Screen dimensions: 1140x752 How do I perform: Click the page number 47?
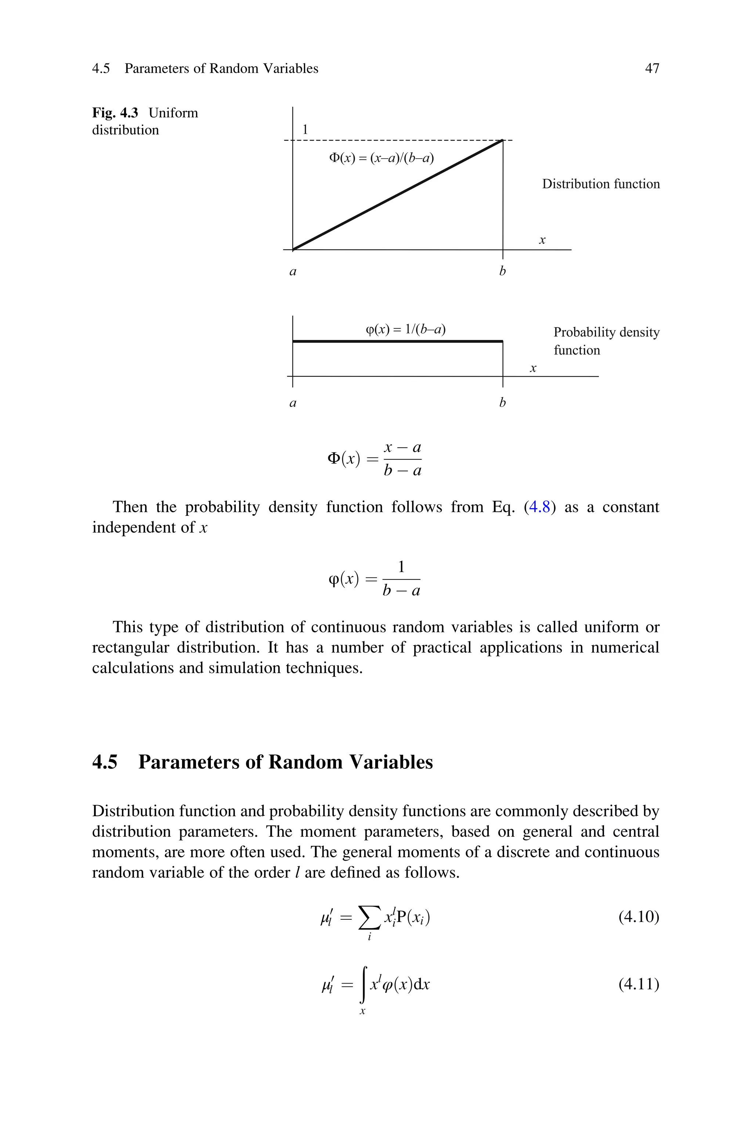point(652,69)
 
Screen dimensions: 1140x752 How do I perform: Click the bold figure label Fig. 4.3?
point(115,113)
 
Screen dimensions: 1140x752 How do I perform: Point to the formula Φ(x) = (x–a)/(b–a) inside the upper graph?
point(381,158)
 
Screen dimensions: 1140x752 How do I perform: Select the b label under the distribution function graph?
point(502,271)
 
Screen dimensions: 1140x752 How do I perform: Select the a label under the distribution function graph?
point(293,272)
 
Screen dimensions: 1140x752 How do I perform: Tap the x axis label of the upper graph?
point(542,240)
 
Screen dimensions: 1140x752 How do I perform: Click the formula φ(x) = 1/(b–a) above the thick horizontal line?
point(405,329)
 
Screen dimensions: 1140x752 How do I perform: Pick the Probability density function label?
point(606,341)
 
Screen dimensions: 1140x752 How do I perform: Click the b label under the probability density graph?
point(502,403)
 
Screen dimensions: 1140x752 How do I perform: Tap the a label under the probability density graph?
point(293,403)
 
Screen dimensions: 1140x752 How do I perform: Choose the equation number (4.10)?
point(638,917)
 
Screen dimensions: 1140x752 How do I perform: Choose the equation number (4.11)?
point(638,984)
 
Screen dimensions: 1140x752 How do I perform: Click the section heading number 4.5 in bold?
point(105,762)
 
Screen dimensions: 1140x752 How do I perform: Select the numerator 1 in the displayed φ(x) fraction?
point(401,567)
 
